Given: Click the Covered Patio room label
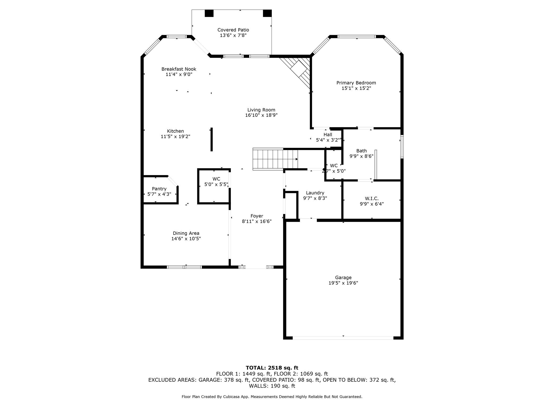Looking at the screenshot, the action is (x=233, y=30).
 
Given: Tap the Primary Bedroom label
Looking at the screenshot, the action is (x=356, y=83).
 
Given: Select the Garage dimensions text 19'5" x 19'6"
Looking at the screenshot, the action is (x=343, y=283).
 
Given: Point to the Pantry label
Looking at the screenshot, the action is (x=159, y=189).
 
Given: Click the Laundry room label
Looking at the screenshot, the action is (x=315, y=193).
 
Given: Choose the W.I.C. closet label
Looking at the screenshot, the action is (x=372, y=198).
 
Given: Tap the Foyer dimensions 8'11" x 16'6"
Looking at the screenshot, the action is (x=257, y=221).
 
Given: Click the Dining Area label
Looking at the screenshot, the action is (x=186, y=233).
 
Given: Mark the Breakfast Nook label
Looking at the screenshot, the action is (x=179, y=69).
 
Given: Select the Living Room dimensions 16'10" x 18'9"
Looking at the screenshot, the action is (x=261, y=115).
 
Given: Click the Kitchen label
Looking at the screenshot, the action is (x=175, y=131).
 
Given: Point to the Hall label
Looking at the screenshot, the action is (x=328, y=135).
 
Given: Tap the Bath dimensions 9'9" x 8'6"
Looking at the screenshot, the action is (x=362, y=156).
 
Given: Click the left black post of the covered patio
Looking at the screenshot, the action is (x=209, y=13).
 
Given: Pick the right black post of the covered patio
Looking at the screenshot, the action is (x=267, y=13).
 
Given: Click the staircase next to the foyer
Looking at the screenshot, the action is (x=275, y=159).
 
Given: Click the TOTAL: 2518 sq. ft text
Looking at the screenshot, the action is (x=272, y=368).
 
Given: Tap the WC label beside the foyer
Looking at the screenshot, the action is (x=216, y=179).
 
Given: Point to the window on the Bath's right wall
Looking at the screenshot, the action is (x=402, y=147).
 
